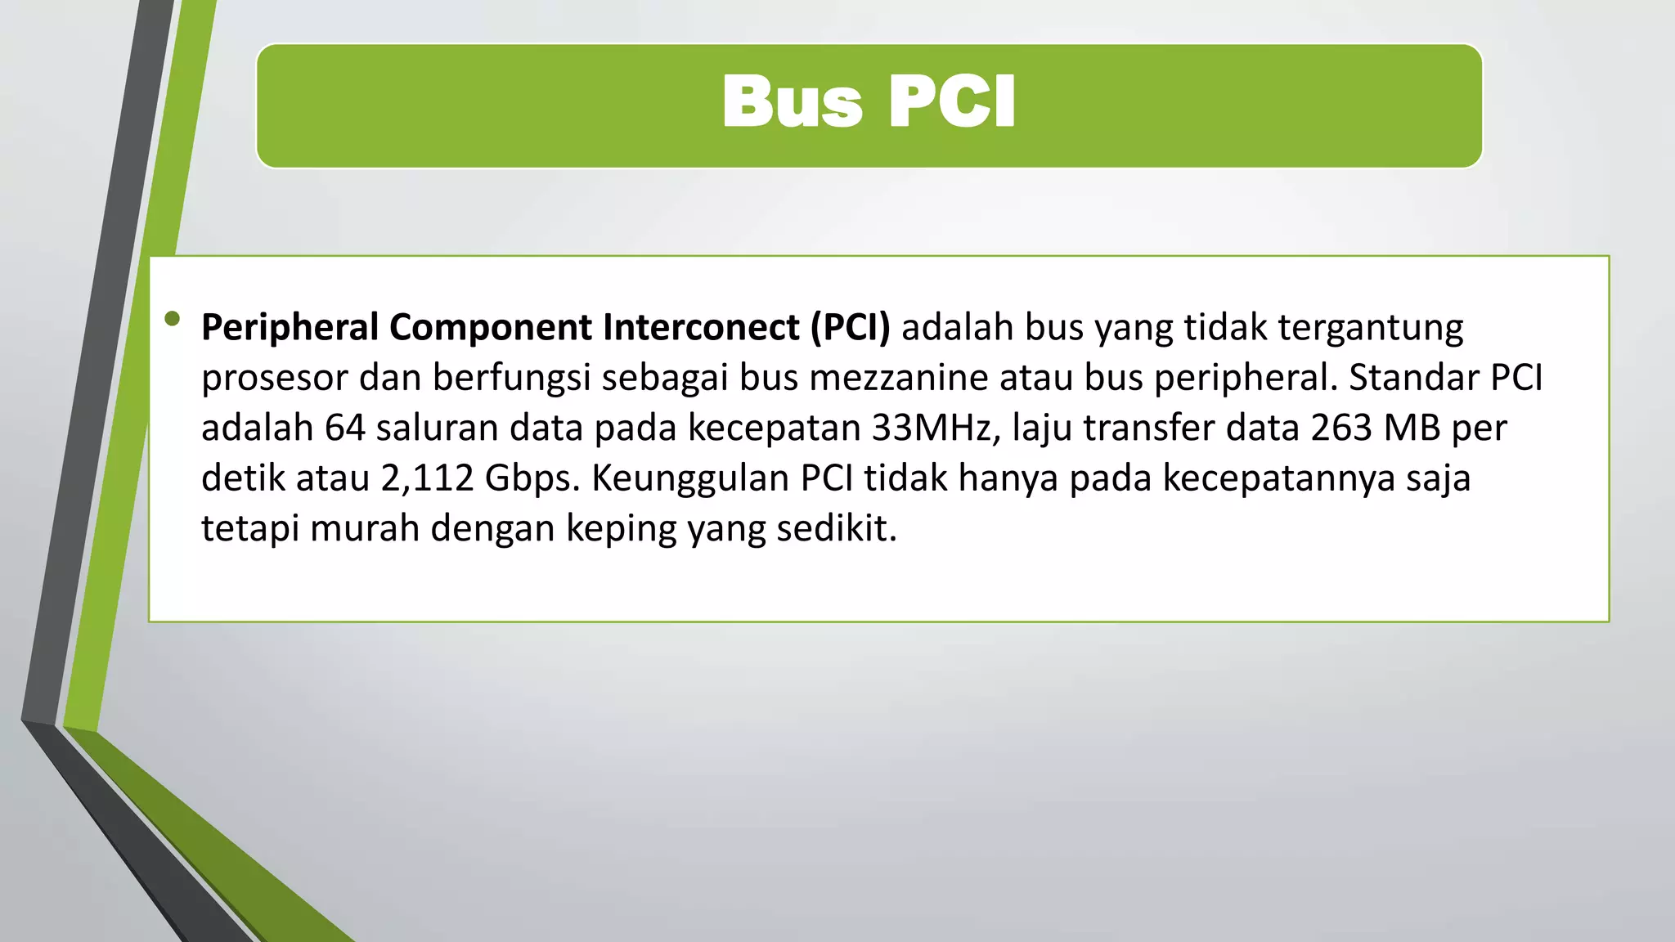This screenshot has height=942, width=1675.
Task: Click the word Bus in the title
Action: pos(792,102)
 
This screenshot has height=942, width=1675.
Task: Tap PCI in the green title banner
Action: pos(951,102)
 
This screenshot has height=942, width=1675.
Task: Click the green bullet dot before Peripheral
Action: pos(172,319)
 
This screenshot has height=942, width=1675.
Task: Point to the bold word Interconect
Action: pos(701,327)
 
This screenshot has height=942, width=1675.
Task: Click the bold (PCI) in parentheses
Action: pos(850,327)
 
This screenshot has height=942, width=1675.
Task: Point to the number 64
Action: pos(344,428)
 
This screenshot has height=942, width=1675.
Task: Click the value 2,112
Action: pos(427,478)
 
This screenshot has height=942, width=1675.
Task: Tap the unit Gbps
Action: pos(532,479)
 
